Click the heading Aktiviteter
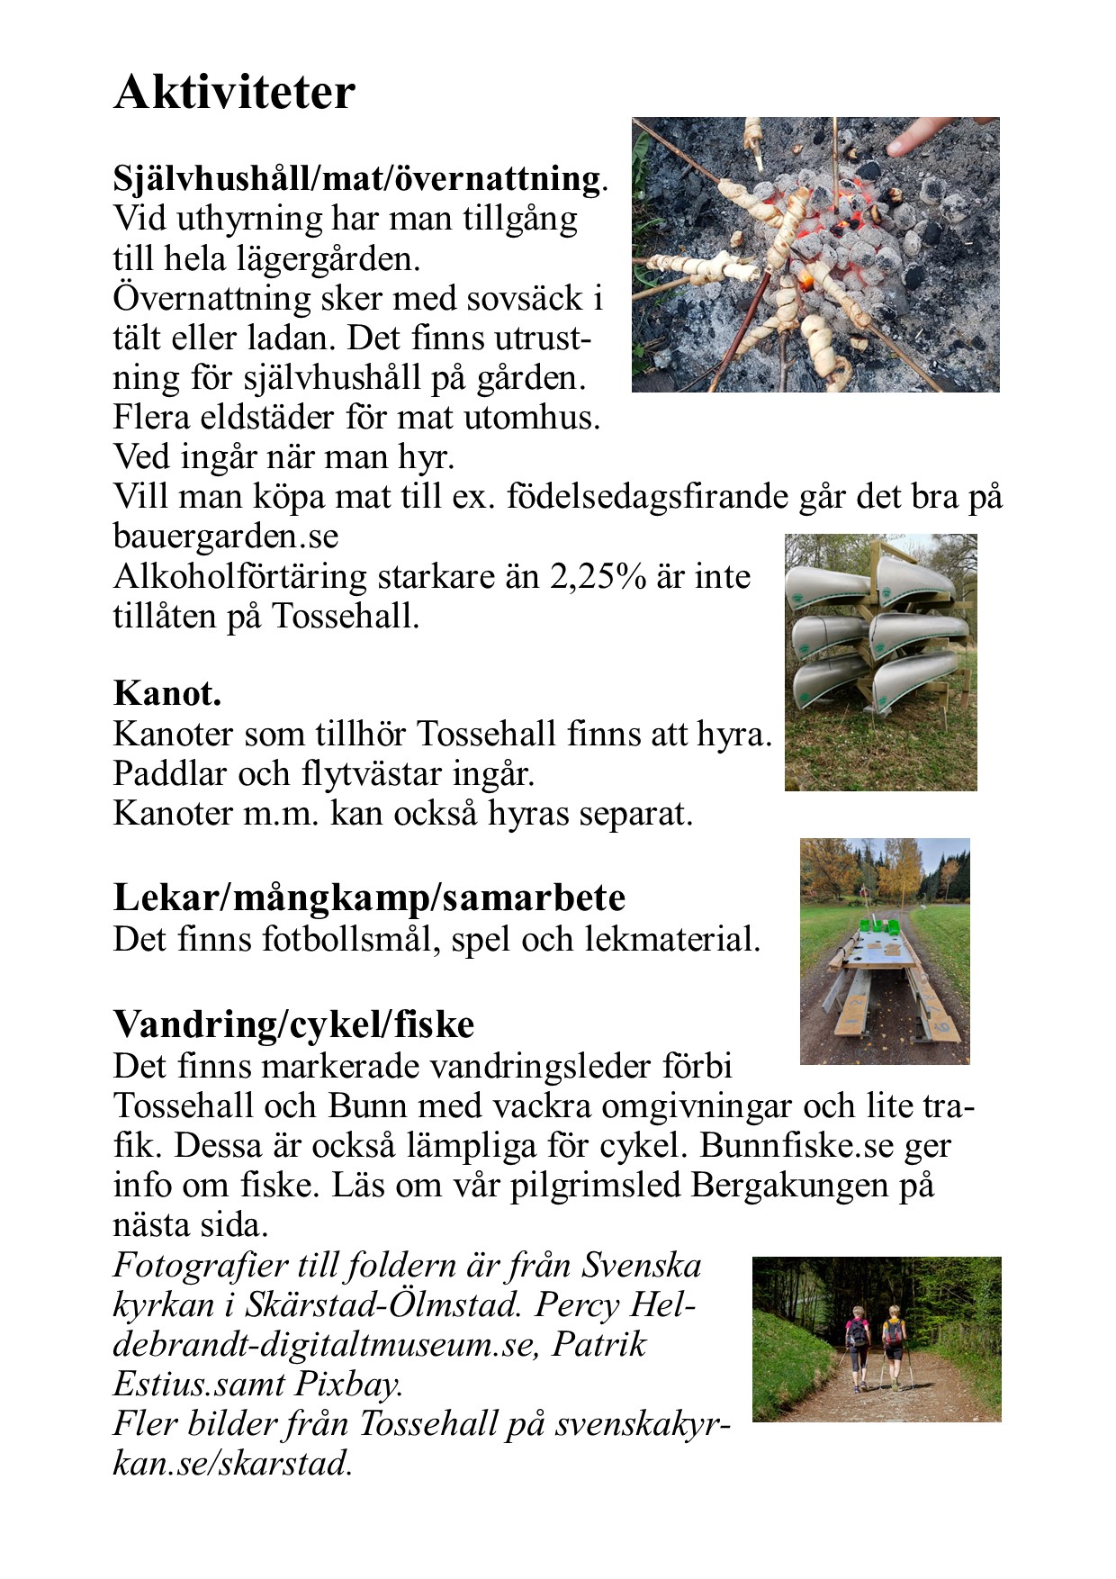pos(234,92)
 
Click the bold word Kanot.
pos(167,693)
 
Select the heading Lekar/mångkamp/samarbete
pos(369,898)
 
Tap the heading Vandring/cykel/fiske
pos(293,1024)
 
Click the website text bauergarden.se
pos(226,537)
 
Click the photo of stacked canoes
pos(880,662)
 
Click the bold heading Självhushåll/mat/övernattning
pos(356,178)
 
